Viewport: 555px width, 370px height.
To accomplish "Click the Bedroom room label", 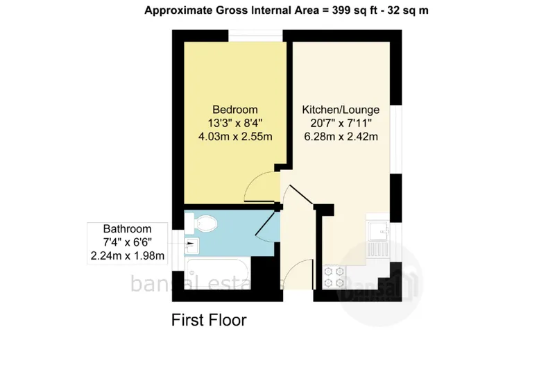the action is pos(235,110).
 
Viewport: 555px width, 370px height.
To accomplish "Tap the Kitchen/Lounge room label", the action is pos(341,110).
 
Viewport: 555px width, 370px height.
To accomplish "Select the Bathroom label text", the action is pos(127,228).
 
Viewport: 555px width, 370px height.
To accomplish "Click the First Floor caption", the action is pos(209,320).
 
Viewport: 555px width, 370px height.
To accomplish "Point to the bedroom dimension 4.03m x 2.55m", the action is pos(235,136).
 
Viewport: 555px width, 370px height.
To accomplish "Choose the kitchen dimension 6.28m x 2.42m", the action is pos(341,136).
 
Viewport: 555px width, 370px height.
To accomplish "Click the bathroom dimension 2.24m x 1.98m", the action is pos(128,255).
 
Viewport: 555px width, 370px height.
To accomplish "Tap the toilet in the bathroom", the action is pos(201,223).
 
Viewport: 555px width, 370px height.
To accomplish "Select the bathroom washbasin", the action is pos(191,246).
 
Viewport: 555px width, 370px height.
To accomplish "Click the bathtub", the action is pos(217,274).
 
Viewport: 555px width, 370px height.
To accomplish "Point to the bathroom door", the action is pos(265,223).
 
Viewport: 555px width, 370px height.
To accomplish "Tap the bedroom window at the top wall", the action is pos(255,36).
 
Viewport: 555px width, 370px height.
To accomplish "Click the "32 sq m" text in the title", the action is pos(408,10).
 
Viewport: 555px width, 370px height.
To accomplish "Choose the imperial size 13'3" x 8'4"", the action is pos(235,123).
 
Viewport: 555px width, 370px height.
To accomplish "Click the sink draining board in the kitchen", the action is pos(378,249).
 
